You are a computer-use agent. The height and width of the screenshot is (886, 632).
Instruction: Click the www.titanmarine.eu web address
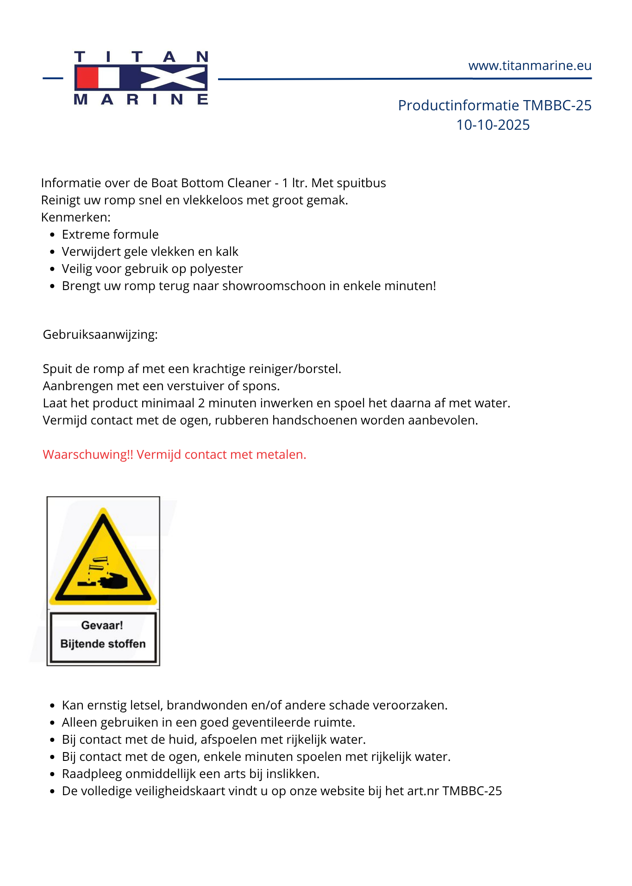[530, 66]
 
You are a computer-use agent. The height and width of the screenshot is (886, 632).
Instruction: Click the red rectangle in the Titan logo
[87, 78]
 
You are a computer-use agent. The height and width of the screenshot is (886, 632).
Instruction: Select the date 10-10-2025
[493, 125]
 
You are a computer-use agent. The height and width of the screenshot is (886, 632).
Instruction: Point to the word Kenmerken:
[76, 217]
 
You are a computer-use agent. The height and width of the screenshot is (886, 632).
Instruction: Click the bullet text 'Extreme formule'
[110, 234]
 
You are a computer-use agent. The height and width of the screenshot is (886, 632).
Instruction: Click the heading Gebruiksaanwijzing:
[100, 335]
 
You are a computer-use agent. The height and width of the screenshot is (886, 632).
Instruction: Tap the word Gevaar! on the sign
[102, 626]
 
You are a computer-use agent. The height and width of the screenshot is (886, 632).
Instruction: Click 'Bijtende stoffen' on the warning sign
[103, 644]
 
